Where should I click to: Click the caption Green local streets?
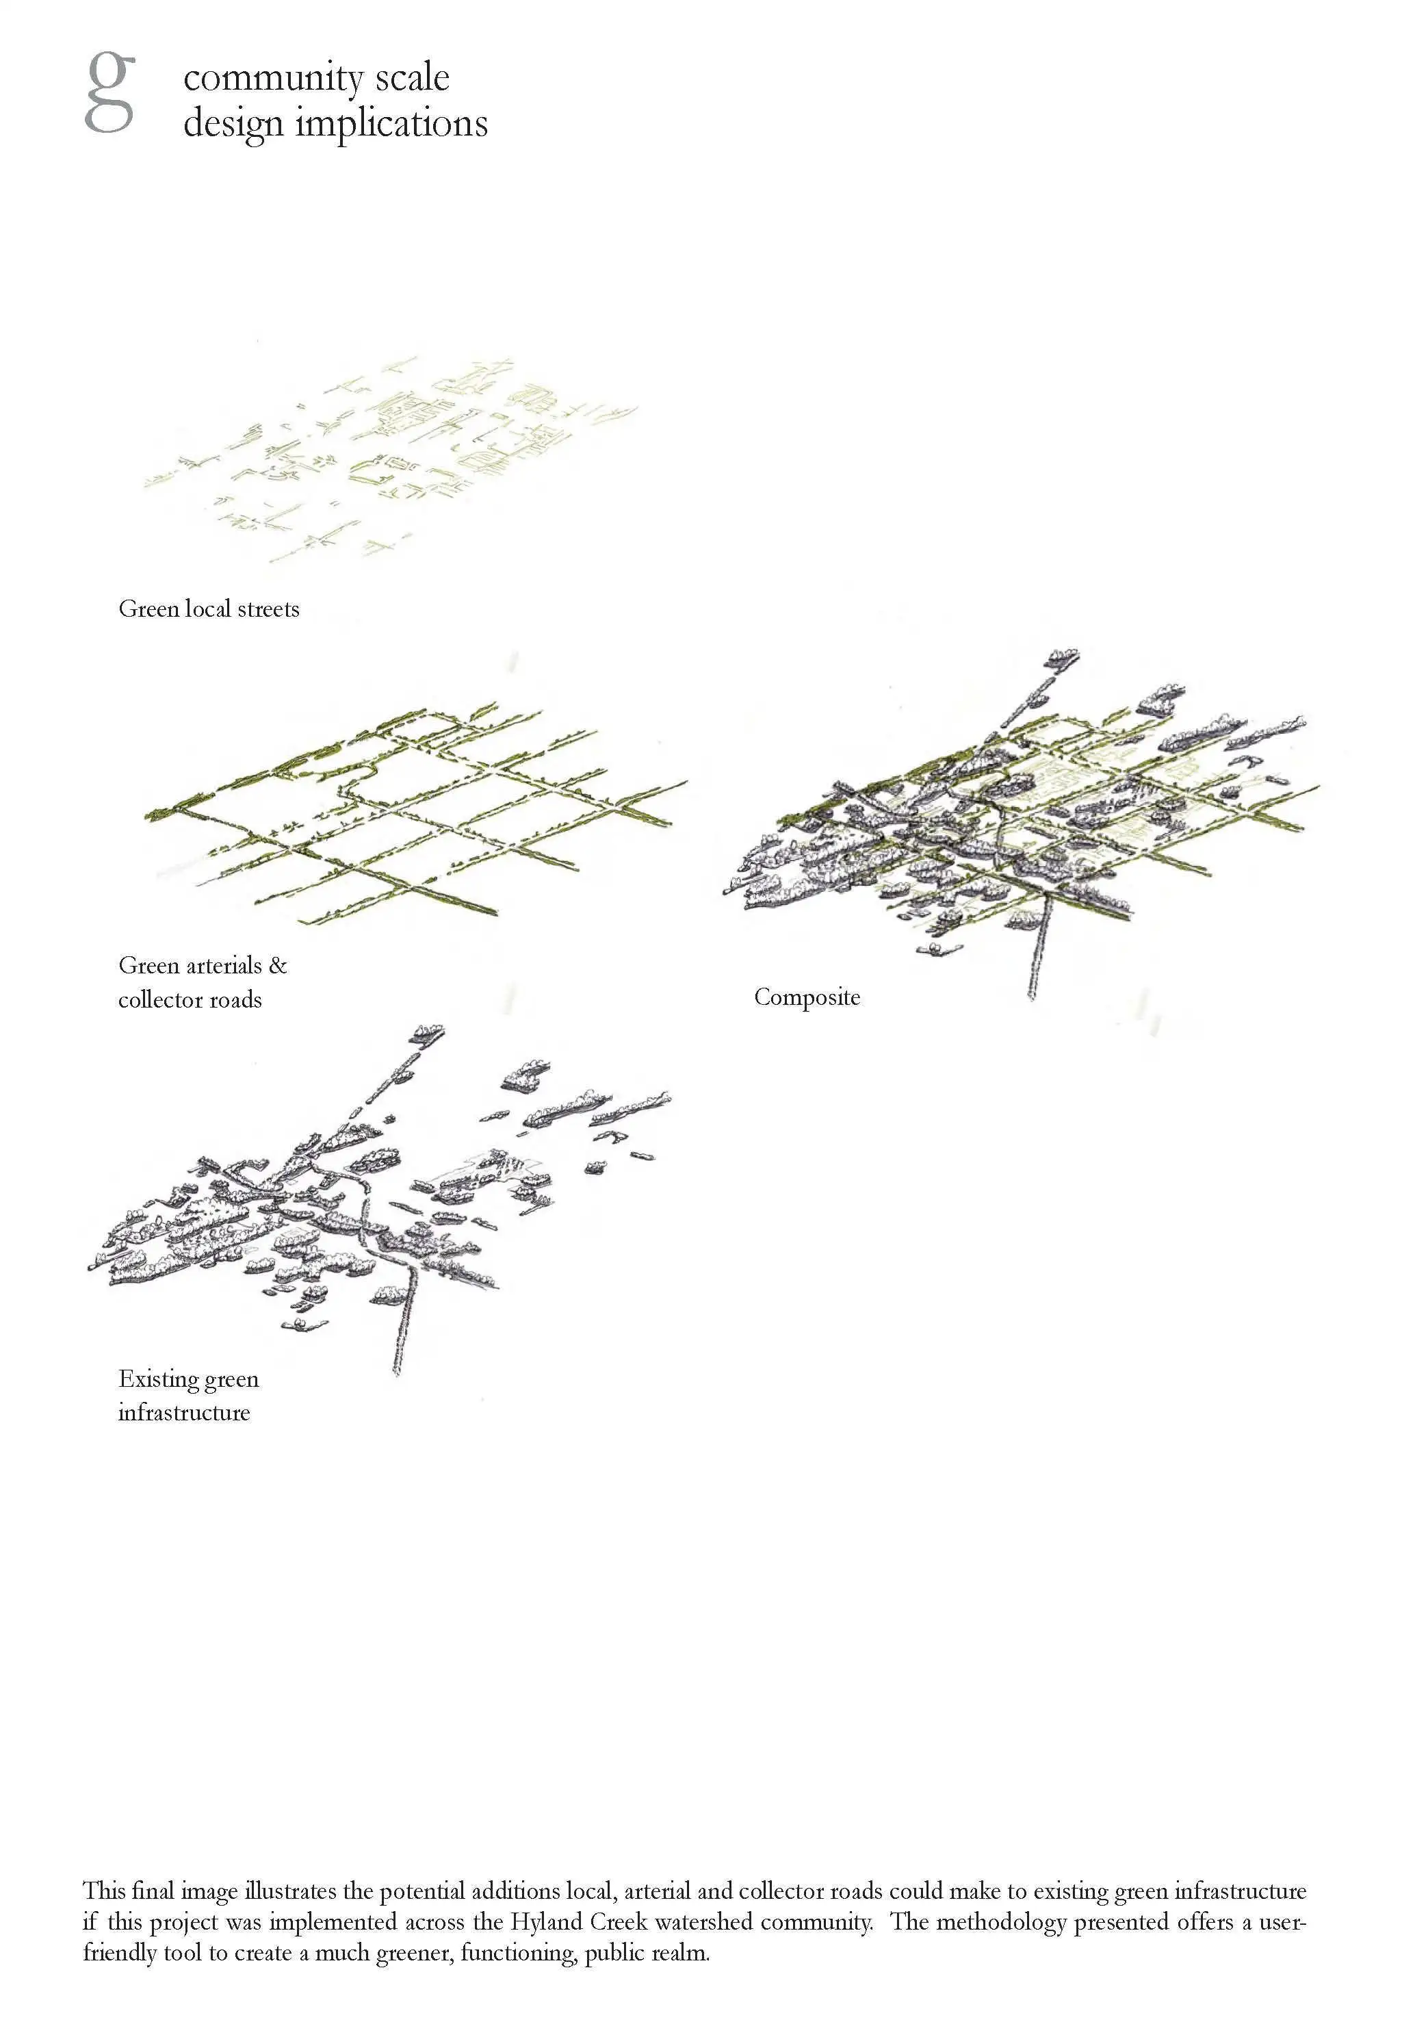209,609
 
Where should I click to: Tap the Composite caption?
807,998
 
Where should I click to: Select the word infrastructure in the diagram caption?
185,1413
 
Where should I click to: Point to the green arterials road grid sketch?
415,812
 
